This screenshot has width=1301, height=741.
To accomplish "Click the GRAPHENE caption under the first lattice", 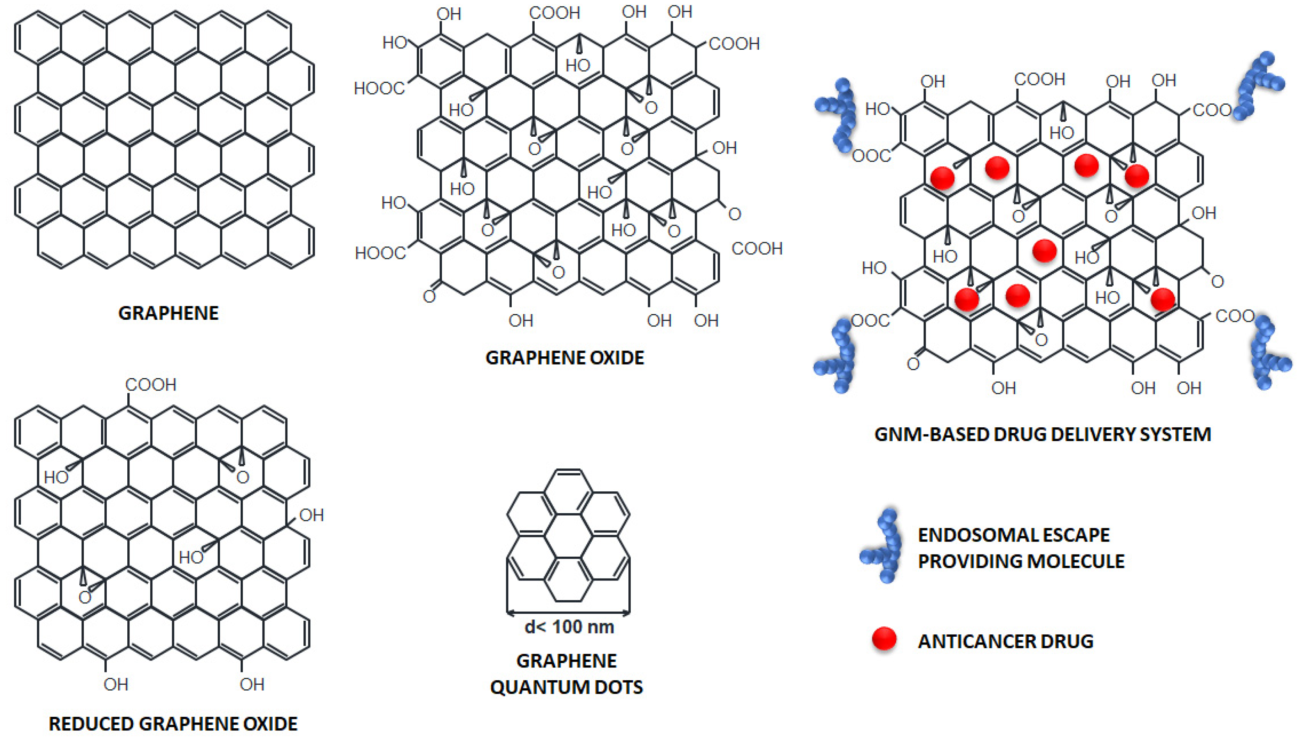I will [x=168, y=313].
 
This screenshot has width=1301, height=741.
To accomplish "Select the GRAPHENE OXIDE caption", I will [x=565, y=358].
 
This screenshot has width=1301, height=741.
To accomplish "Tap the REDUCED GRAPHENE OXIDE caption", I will [x=172, y=724].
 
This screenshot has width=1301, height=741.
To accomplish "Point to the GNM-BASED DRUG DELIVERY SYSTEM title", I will [x=1042, y=434].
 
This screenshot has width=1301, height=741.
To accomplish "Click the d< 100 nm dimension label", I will [x=569, y=627].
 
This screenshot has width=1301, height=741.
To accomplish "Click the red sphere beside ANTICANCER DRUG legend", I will [x=884, y=639].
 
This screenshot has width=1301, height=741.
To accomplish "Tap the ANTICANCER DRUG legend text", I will [x=1005, y=641].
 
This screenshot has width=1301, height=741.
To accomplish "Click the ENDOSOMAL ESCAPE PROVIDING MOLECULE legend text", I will [x=1021, y=548].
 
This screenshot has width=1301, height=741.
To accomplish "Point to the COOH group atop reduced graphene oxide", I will [x=151, y=385].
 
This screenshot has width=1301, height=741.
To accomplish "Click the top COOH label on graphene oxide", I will [x=554, y=13].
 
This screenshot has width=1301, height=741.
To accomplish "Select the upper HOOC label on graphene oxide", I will [x=379, y=89].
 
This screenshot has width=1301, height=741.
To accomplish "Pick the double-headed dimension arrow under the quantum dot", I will [x=568, y=613].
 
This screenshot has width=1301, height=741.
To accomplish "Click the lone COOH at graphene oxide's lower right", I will [x=757, y=248].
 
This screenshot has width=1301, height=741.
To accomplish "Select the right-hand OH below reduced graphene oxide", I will [x=252, y=684].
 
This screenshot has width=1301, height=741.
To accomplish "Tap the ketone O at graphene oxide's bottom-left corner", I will [x=429, y=296].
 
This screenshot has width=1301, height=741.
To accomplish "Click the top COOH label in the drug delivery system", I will [x=1039, y=79].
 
